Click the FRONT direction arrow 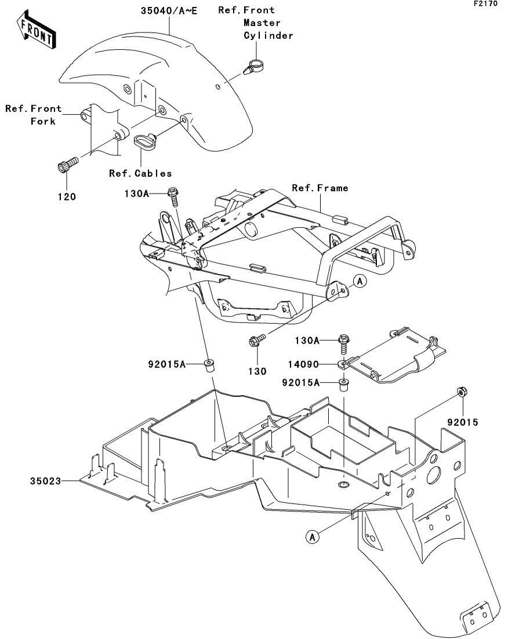click(37, 31)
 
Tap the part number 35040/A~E click(169, 10)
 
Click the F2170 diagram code click(485, 3)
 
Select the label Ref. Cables click(140, 173)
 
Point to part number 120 click(67, 197)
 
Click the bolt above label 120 click(67, 163)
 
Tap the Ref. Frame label click(320, 188)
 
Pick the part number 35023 click(45, 481)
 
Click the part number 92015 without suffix click(462, 422)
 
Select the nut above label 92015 click(462, 392)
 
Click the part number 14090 click(303, 364)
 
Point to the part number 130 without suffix click(257, 371)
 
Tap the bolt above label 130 click(257, 340)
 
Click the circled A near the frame click(360, 281)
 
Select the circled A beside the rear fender click(312, 536)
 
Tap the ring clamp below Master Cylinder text click(255, 67)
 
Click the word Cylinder click(268, 35)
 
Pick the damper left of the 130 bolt click(209, 365)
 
